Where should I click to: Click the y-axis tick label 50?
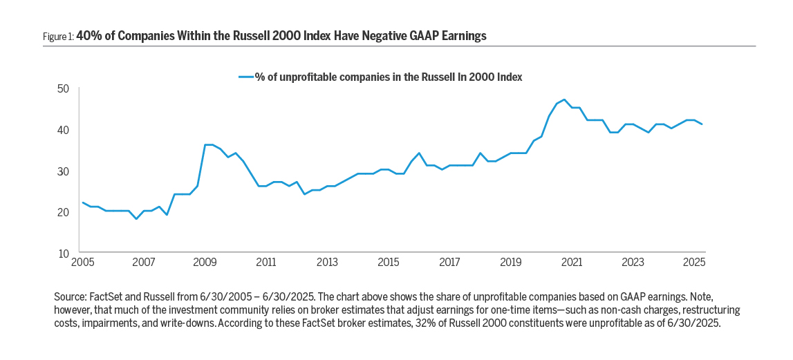point(63,88)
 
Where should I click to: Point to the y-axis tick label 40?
point(63,130)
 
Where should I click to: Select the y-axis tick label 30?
point(63,171)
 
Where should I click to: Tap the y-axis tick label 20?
point(63,212)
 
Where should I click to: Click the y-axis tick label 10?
point(63,254)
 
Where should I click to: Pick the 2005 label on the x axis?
point(82,263)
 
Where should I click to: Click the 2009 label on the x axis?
point(205,263)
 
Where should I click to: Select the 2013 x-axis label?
point(327,263)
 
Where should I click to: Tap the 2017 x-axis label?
point(449,263)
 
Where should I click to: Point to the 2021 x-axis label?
point(571,263)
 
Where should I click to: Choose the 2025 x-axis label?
point(693,263)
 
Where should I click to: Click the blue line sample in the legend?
point(246,77)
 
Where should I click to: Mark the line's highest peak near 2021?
point(564,100)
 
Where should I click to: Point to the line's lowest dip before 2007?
point(136,219)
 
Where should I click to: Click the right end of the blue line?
point(702,124)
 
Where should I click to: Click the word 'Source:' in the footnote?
point(71,296)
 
